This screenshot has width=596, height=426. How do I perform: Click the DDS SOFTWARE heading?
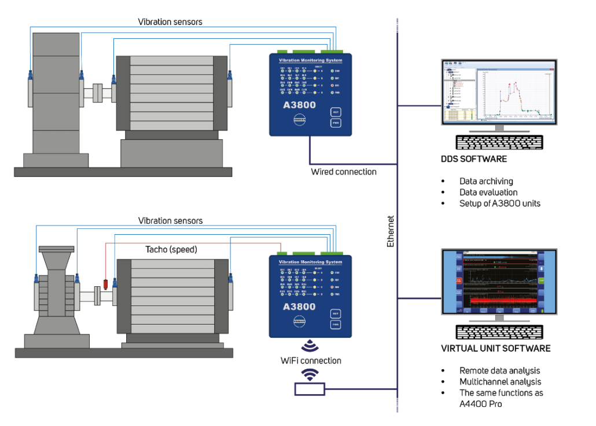pyautogui.click(x=473, y=159)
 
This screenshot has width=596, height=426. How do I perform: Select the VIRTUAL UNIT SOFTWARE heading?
pyautogui.click(x=495, y=348)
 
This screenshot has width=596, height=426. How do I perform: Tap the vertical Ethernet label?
pyautogui.click(x=391, y=231)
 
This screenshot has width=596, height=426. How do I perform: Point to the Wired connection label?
pyautogui.click(x=344, y=172)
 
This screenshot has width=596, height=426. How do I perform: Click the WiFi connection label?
pyautogui.click(x=311, y=361)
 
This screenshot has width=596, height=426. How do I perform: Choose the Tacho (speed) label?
pyautogui.click(x=171, y=250)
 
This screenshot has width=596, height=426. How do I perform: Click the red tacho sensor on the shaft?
pyautogui.click(x=106, y=284)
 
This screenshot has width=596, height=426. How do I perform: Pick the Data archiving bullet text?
pyautogui.click(x=486, y=181)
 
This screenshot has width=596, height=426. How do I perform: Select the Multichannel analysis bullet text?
pyautogui.click(x=501, y=382)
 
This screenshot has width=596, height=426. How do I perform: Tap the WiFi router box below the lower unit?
pyautogui.click(x=310, y=388)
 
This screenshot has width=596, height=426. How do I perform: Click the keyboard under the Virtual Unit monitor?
pyautogui.click(x=500, y=332)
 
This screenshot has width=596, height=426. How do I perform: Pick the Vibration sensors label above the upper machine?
pyautogui.click(x=170, y=22)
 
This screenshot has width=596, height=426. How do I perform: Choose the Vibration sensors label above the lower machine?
pyautogui.click(x=170, y=221)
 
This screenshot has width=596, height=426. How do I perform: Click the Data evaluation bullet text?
pyautogui.click(x=488, y=192)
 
